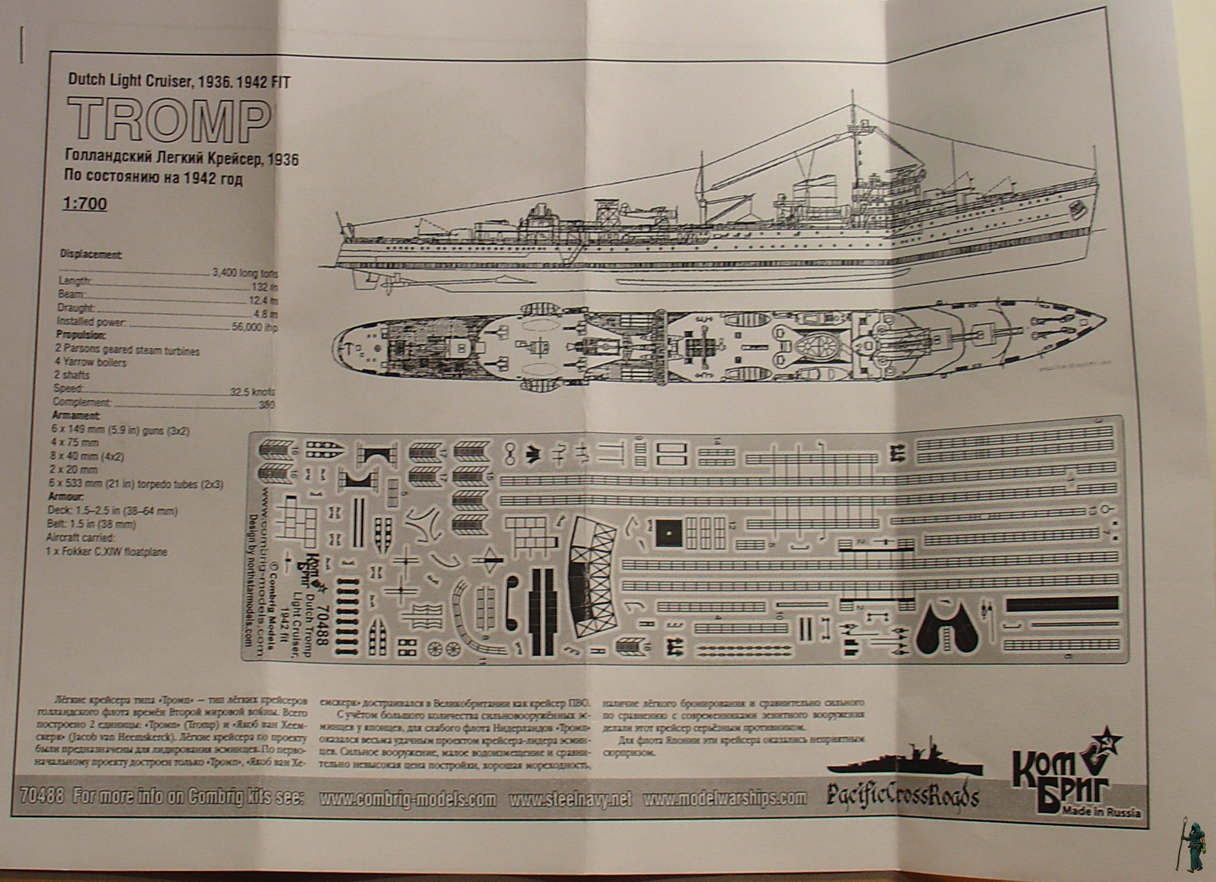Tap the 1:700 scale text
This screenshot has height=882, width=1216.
pos(85,204)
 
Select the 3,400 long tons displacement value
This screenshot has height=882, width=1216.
pos(244,273)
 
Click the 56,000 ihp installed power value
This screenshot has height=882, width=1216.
pos(254,326)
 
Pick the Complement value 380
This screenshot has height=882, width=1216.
pos(265,405)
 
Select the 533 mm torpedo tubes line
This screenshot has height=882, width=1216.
pos(136,484)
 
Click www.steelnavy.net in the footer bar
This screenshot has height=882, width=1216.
pos(570,799)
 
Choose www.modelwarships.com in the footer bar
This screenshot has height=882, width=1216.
pos(724,798)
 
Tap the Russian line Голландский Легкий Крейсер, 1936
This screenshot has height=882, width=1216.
pos(181,159)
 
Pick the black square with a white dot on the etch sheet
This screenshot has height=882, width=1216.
pos(669,533)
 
